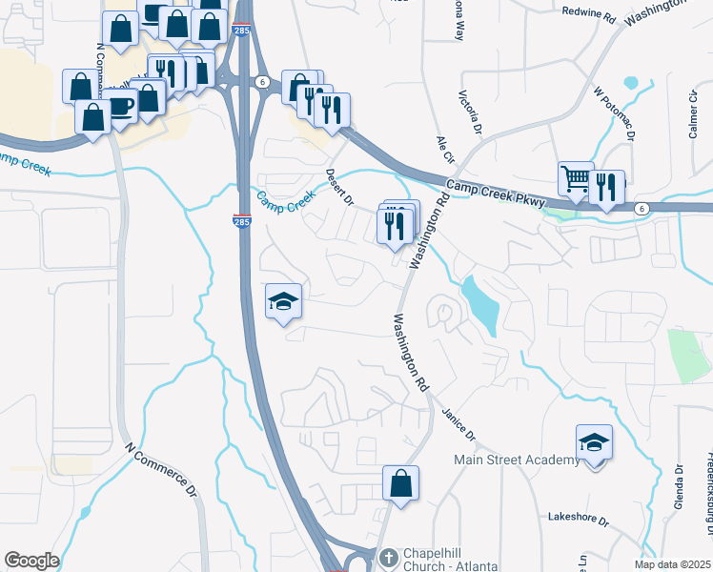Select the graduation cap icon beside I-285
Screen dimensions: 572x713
tap(283, 302)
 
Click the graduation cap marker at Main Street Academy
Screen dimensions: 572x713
tap(593, 443)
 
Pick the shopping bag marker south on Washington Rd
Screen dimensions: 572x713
tap(401, 483)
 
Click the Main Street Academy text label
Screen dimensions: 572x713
tap(516, 460)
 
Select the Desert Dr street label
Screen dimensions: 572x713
tap(339, 188)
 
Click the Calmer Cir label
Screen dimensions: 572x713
tap(694, 114)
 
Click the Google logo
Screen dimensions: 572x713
tap(31, 561)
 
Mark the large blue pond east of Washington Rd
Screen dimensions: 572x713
tap(479, 303)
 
